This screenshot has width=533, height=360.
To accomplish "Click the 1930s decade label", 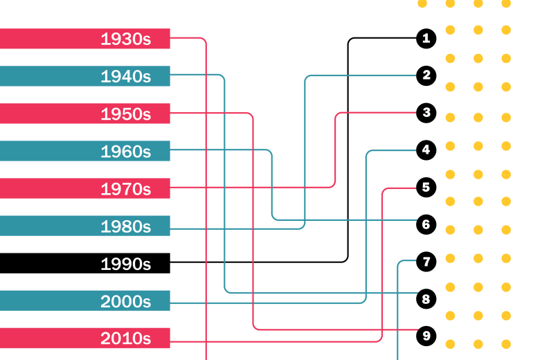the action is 126,39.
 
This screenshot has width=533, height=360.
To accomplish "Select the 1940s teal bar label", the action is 126,76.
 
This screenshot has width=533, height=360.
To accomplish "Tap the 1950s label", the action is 126,114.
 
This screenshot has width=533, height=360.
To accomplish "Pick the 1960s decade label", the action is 126,152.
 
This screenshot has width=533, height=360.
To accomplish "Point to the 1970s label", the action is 126,189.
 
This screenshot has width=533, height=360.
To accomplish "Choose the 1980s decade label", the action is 126,226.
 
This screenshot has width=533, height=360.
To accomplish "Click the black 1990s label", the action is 126,264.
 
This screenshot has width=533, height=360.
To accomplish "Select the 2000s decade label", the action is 126,301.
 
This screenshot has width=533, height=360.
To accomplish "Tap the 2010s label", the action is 126,339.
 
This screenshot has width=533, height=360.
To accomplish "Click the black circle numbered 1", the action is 426,38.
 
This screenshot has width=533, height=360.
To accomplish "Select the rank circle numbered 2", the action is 426,75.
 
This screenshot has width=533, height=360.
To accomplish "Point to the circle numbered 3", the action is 426,113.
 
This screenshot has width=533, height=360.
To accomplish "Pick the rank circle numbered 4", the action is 426,150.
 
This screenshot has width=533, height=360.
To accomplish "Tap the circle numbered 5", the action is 426,188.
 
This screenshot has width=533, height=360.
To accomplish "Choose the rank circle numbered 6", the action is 426,224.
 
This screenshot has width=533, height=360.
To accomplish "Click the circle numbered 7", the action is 426,262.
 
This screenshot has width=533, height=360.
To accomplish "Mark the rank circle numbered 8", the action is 426,299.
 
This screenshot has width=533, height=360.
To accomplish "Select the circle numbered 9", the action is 426,336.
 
